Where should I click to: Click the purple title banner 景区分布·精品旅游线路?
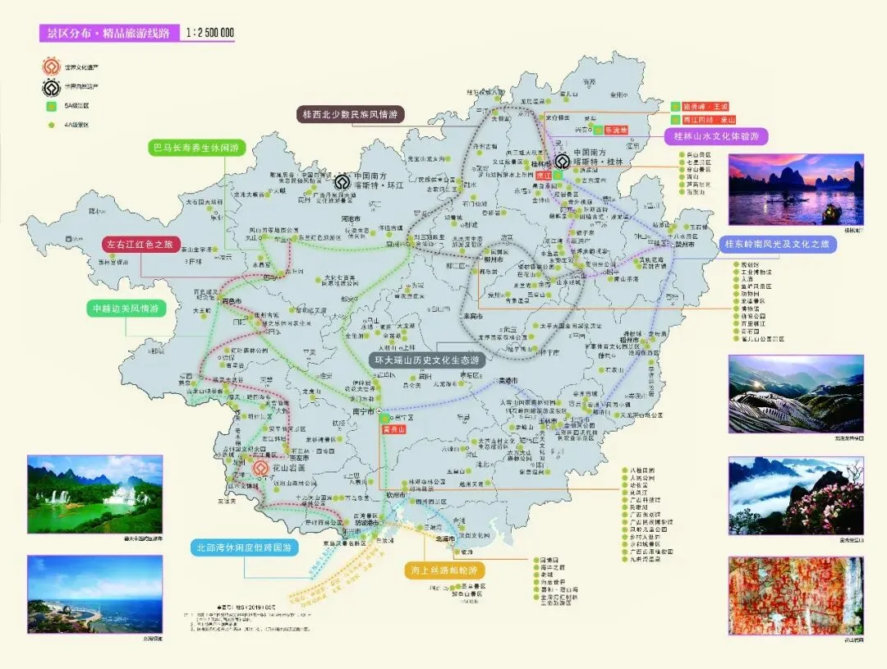click(x=109, y=33)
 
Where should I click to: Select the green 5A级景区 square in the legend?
click(x=51, y=106)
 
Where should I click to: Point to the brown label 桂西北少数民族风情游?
click(x=350, y=115)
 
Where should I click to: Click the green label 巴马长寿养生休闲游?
click(x=197, y=149)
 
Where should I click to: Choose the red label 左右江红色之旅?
click(x=140, y=245)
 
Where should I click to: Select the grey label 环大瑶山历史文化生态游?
click(x=426, y=360)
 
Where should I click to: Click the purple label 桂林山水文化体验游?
click(x=716, y=136)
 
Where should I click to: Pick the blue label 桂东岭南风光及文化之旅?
click(x=777, y=244)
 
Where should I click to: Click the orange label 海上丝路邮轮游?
click(x=444, y=570)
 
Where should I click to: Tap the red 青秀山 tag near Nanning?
click(x=395, y=429)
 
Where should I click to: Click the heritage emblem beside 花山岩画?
click(x=260, y=469)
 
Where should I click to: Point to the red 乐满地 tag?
click(x=615, y=130)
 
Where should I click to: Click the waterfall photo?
click(x=94, y=494)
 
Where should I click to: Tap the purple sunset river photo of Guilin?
click(x=795, y=189)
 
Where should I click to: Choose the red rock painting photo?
click(x=795, y=596)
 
